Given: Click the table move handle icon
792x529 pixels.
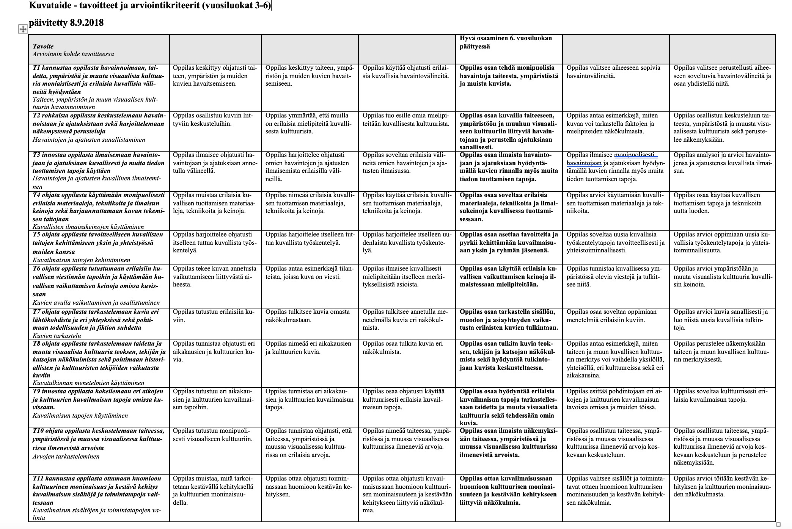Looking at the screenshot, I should pos(23,29).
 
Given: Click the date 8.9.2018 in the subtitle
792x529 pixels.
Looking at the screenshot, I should pos(86,23).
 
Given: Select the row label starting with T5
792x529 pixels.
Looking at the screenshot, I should pos(98,243).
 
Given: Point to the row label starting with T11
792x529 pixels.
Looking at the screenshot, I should pos(97,490).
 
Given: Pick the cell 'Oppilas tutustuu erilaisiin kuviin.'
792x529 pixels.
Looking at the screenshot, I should pos(214,316).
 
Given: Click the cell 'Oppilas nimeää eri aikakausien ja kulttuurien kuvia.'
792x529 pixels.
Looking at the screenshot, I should pos(308,347).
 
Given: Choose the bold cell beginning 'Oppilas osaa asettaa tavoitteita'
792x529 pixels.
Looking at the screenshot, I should pos(509,243).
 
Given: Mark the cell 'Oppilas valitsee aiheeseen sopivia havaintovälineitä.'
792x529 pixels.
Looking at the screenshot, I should pos(613,72).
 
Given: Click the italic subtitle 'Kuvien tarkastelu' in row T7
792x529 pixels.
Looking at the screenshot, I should pos(57,335).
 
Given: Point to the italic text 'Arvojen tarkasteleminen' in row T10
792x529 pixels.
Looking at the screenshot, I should pos(66,456).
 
